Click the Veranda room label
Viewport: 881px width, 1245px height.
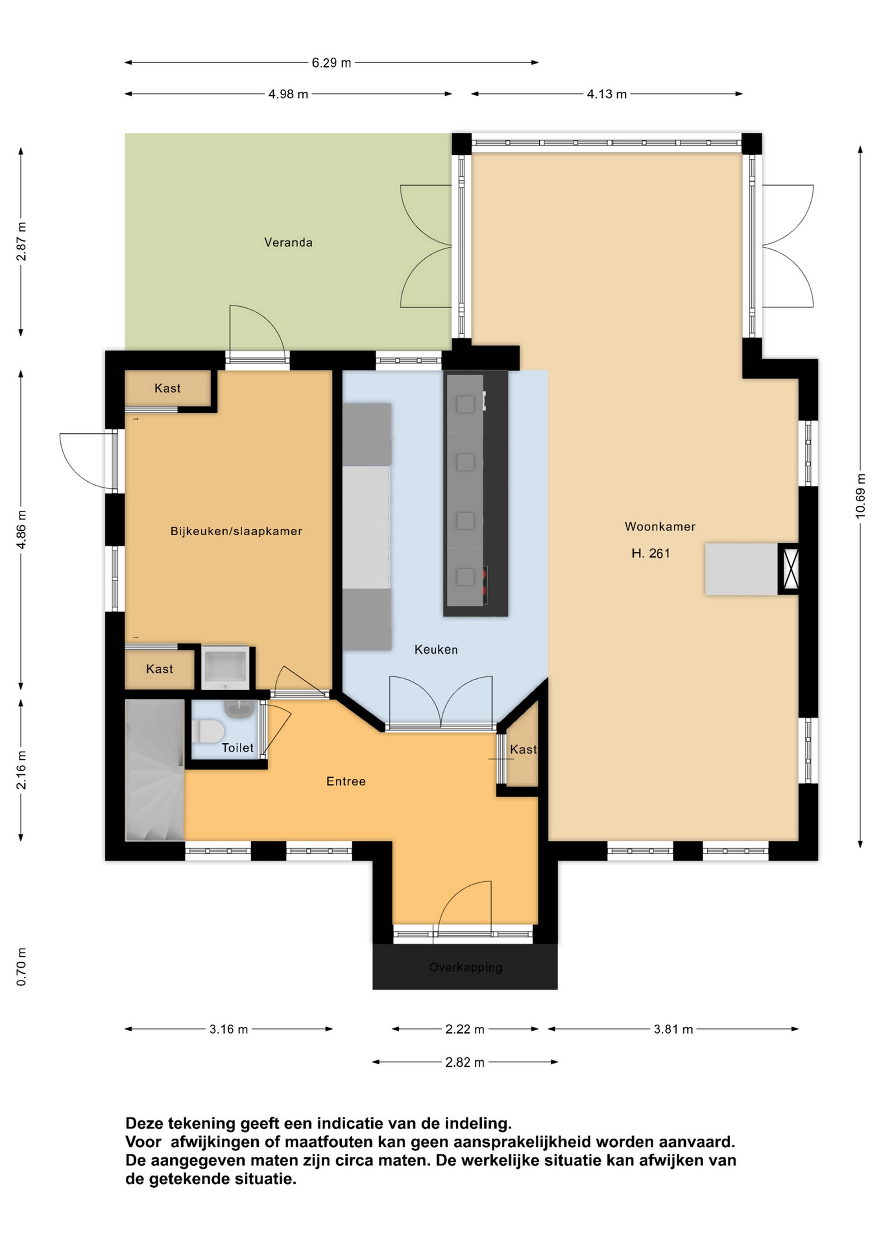pos(288,242)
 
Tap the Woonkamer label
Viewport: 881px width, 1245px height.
pos(660,526)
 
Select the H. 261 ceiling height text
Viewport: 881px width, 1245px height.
pos(650,553)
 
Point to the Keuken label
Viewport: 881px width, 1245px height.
pos(436,649)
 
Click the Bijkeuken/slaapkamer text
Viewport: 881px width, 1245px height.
pos(236,531)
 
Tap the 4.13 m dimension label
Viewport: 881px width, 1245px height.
pos(607,94)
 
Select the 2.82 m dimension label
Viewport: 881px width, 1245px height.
pos(465,1062)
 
